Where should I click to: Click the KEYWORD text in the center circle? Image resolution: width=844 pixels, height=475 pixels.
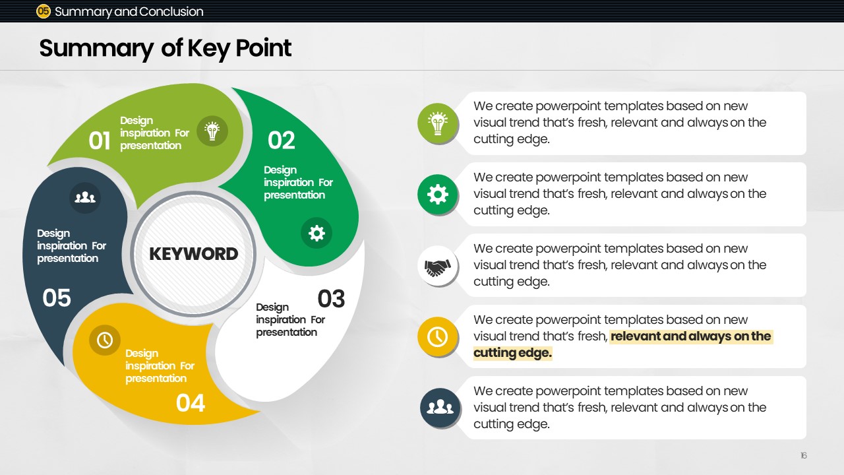[x=194, y=254]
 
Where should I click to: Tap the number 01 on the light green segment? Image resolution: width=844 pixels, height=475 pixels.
[x=100, y=141]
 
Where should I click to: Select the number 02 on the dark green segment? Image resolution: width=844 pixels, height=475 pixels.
[x=281, y=141]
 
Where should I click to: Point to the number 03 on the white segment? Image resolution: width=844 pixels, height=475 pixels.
[x=331, y=299]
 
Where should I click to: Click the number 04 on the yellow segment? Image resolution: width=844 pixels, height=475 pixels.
[x=191, y=403]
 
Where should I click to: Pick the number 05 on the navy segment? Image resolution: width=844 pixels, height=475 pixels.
[x=57, y=298]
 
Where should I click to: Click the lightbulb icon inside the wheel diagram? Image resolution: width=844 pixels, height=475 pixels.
[x=212, y=131]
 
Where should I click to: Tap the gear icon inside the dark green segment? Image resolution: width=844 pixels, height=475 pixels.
[x=316, y=233]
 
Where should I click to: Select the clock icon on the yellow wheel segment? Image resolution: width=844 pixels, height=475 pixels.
[x=105, y=340]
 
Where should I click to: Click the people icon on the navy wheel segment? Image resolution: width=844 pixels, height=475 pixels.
[x=85, y=197]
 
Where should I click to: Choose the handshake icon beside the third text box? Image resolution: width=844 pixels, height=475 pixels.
[x=438, y=266]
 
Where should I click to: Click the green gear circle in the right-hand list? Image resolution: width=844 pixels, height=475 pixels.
[x=438, y=195]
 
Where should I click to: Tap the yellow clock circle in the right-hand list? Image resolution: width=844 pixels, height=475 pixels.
[x=438, y=337]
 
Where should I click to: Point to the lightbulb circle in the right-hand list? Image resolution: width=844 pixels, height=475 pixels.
[x=438, y=123]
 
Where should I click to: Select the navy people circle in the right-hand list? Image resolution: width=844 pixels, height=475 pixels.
[x=440, y=408]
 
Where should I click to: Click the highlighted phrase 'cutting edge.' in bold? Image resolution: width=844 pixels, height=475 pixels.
[x=512, y=353]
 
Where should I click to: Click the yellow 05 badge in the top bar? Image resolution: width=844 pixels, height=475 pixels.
[x=44, y=11]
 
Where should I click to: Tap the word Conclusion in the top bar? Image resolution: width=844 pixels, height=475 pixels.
[x=171, y=12]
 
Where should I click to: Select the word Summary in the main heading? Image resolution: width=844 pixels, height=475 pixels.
[x=96, y=49]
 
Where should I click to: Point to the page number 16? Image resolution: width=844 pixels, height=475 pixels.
[x=804, y=456]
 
